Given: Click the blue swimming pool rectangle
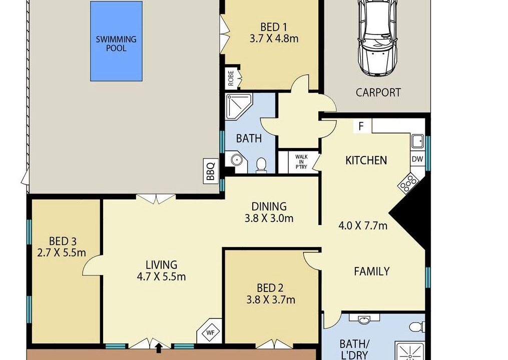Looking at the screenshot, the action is (116, 41).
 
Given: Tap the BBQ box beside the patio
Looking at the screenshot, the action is (211, 171).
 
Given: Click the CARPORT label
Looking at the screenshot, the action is (378, 92).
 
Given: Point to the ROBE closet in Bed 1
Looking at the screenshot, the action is (231, 78).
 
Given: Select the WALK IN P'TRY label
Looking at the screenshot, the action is (301, 161).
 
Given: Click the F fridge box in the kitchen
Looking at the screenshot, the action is (361, 126).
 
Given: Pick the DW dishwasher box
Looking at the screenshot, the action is (417, 159).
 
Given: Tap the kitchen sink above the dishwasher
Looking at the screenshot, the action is (417, 141).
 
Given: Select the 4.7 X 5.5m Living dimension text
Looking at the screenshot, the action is (161, 277).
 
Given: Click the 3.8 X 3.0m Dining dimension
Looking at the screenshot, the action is (269, 218).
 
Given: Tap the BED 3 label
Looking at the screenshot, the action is (63, 241).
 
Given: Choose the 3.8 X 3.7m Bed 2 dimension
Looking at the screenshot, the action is (271, 300).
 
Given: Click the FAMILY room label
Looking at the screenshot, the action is (371, 271).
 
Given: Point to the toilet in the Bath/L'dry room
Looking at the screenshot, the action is (417, 326).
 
